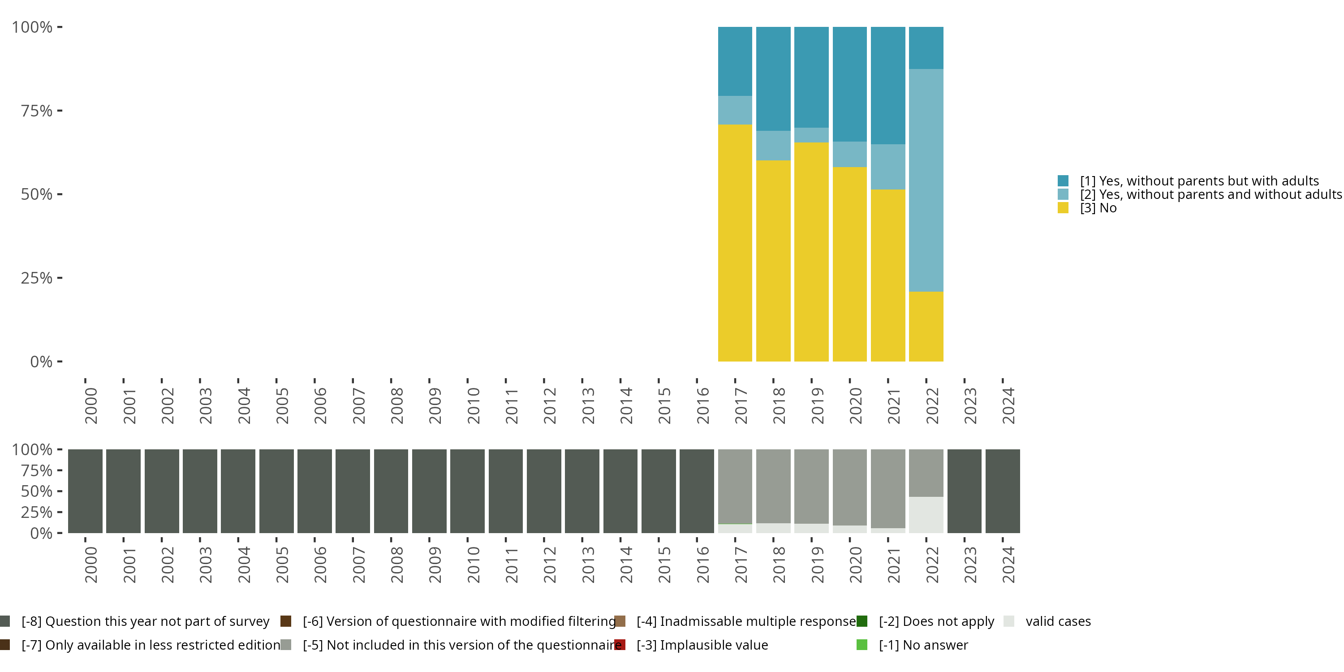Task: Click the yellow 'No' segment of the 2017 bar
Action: [735, 243]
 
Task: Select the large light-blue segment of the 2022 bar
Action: [926, 180]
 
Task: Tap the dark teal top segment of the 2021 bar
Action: [887, 85]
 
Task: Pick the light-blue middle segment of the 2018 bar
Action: [773, 145]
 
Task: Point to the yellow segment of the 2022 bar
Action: [926, 326]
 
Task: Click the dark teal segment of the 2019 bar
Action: [811, 77]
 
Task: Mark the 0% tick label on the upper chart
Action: [41, 362]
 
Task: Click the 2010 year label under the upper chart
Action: [473, 406]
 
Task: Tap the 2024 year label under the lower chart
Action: [1008, 565]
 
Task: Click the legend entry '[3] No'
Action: [1098, 208]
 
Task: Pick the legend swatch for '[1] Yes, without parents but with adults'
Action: [1063, 181]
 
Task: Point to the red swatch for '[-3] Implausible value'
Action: [620, 645]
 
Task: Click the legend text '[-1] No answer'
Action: [923, 645]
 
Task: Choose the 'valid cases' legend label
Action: [1058, 621]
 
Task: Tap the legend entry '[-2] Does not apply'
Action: [936, 621]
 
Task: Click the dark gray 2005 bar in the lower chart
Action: [276, 491]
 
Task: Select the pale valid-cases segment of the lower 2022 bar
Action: [926, 514]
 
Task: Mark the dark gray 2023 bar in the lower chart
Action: [964, 491]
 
